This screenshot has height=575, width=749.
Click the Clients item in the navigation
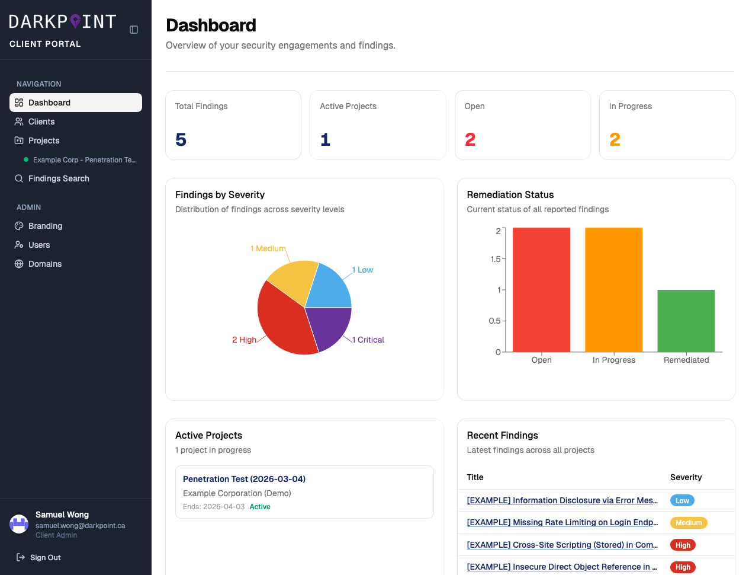click(x=41, y=122)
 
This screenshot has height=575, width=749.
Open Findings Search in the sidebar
click(x=59, y=178)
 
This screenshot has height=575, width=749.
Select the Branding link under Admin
click(x=45, y=226)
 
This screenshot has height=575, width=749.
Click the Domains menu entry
click(x=45, y=264)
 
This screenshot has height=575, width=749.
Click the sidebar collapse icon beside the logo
click(x=134, y=30)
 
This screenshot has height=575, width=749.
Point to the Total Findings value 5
click(x=181, y=139)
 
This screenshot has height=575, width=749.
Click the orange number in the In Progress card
click(x=615, y=139)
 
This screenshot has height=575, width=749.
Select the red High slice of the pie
click(x=281, y=320)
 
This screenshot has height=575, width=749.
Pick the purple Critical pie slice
click(x=327, y=326)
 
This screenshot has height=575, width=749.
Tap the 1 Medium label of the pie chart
click(x=268, y=248)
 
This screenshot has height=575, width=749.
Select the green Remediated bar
click(x=686, y=321)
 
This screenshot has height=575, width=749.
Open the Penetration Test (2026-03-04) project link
click(x=244, y=479)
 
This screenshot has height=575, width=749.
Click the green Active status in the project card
click(x=260, y=507)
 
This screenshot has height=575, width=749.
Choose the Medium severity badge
click(x=689, y=523)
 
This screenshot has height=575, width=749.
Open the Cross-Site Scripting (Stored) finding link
click(x=562, y=545)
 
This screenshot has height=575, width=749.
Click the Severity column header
click(x=686, y=477)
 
